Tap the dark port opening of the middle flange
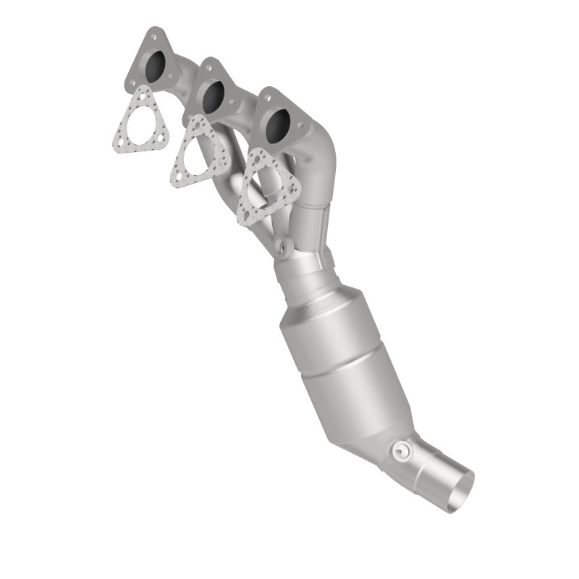click(x=213, y=97)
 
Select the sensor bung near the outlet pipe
click(x=399, y=451)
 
